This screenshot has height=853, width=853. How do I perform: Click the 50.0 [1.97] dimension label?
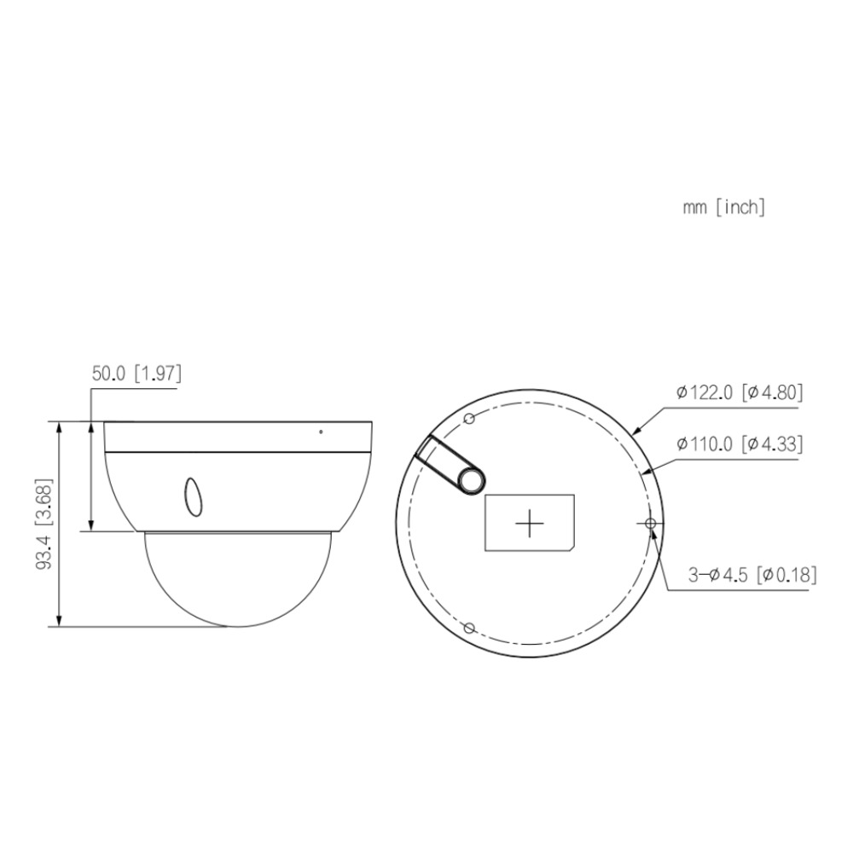point(136,374)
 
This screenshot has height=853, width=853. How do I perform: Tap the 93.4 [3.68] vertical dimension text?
point(44,524)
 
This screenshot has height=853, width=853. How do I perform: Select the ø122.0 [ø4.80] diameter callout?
point(740,392)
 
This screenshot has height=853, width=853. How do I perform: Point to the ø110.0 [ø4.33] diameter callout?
point(740,444)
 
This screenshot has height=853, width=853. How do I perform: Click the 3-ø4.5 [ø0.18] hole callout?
point(752,574)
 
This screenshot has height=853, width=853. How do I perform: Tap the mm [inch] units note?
point(724,207)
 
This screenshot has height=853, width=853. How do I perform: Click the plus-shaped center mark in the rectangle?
point(530,524)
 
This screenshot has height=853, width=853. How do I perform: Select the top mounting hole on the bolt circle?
point(469,418)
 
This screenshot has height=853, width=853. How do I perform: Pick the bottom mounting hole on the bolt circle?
point(469,629)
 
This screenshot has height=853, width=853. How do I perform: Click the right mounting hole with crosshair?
point(651,524)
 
